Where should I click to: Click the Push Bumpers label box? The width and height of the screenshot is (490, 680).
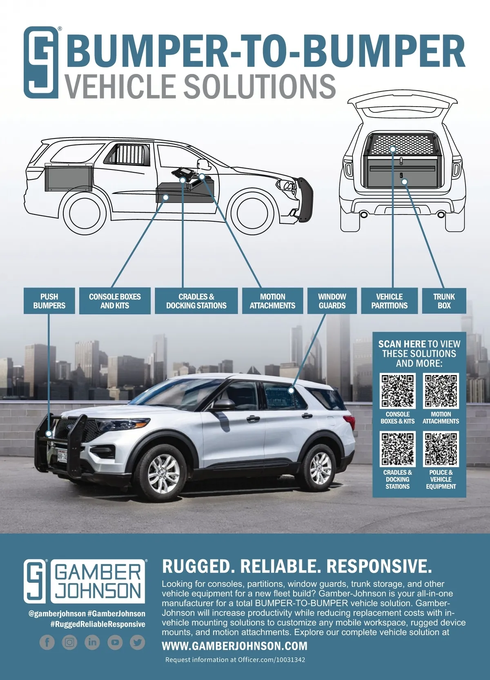tap(49, 301)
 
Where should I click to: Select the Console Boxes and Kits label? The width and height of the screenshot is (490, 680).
tap(115, 301)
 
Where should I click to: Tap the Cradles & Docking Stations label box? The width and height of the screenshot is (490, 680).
tap(196, 301)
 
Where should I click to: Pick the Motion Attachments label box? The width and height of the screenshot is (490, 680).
tap(272, 301)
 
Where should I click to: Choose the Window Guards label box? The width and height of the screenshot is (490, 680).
tap(332, 301)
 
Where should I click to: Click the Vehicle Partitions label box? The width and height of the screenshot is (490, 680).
tap(389, 301)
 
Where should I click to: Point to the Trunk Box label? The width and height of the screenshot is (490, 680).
tap(444, 301)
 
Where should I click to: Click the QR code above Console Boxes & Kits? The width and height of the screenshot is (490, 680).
tap(398, 391)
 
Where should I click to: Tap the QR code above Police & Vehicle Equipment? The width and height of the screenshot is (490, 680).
tap(441, 449)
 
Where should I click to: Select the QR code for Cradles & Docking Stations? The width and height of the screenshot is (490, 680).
tap(398, 449)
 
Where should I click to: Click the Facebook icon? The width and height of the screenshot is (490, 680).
tap(47, 642)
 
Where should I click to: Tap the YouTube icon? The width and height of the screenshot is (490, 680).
tap(115, 642)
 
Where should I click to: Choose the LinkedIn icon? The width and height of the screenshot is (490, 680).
tap(92, 642)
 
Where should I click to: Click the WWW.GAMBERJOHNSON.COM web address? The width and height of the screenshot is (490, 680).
tap(234, 646)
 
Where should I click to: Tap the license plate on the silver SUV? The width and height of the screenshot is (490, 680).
tap(62, 455)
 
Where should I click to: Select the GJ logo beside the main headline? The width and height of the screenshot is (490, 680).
tap(41, 62)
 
